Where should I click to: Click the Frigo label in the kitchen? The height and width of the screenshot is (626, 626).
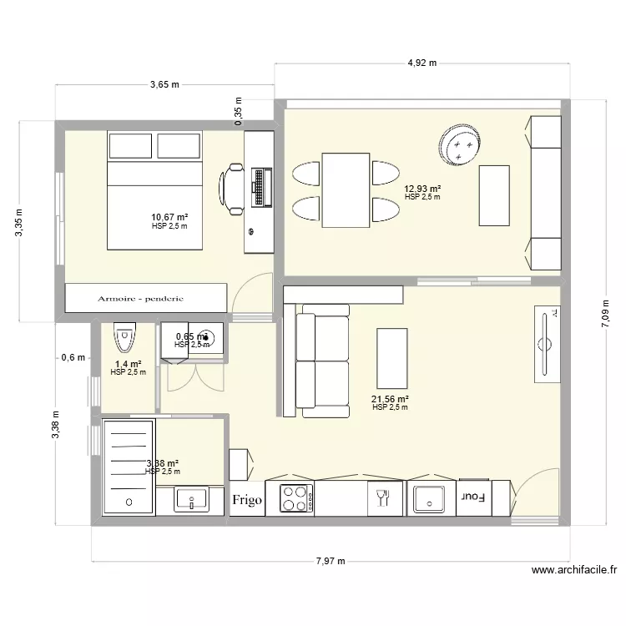click(x=247, y=500)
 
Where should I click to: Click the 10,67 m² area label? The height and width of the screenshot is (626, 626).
click(x=169, y=217)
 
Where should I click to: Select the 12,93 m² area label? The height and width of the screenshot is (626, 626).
click(x=422, y=189)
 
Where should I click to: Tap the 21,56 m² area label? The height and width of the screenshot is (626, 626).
click(x=390, y=398)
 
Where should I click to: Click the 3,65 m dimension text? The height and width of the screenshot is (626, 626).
click(x=164, y=83)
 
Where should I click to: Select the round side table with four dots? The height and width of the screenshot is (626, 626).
click(x=459, y=147)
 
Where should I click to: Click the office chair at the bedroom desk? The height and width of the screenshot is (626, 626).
click(x=233, y=185)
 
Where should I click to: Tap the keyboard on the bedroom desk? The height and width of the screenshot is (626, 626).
click(x=262, y=187)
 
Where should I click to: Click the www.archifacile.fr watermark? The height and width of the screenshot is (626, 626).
click(x=573, y=572)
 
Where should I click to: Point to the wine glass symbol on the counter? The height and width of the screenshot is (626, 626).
click(x=383, y=498)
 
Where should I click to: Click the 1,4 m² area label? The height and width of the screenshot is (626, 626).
click(x=128, y=364)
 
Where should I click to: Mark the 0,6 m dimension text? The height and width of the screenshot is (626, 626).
click(x=73, y=357)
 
